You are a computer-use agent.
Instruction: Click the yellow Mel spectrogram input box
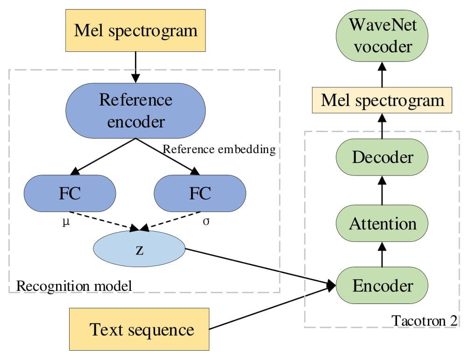(x=135, y=31)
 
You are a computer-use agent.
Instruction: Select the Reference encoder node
(x=135, y=111)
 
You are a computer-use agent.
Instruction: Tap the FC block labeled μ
(x=70, y=193)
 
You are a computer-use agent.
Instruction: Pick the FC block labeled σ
(x=200, y=193)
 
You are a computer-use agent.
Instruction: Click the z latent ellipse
(x=139, y=250)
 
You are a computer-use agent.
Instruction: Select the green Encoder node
(x=382, y=285)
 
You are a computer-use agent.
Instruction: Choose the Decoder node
(x=382, y=157)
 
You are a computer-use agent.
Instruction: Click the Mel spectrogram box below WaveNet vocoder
(x=382, y=100)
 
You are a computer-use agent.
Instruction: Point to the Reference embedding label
(x=219, y=150)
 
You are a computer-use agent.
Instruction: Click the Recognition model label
(x=74, y=285)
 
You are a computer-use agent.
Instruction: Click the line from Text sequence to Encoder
(x=271, y=308)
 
